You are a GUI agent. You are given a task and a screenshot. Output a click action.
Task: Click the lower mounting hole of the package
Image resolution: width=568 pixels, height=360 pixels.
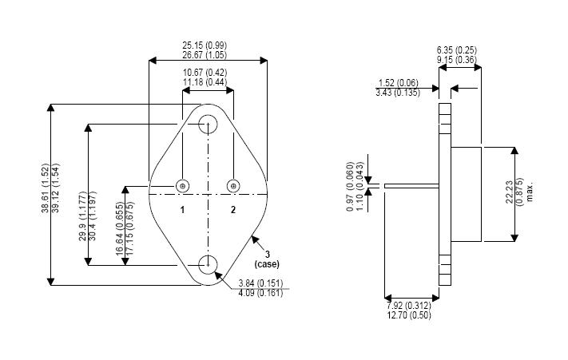click(x=209, y=263)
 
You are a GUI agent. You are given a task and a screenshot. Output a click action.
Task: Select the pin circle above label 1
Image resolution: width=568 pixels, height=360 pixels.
click(x=183, y=186)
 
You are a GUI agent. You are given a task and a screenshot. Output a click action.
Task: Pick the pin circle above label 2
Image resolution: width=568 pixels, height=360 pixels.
click(x=233, y=186)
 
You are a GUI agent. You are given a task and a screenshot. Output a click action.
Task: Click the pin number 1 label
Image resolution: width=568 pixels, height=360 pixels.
click(x=182, y=210)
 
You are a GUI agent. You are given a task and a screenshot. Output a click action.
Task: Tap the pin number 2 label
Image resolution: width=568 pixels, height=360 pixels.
click(x=233, y=210)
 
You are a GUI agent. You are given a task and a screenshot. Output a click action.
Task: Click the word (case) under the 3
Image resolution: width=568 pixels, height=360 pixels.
click(x=266, y=263)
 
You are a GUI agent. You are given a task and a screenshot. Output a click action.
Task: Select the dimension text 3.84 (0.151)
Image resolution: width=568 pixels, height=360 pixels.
click(x=263, y=283)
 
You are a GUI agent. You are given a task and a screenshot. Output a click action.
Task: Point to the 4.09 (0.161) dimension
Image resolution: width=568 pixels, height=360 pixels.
click(x=263, y=293)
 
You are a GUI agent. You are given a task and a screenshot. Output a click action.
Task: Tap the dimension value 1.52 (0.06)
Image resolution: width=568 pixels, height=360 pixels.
click(x=398, y=82)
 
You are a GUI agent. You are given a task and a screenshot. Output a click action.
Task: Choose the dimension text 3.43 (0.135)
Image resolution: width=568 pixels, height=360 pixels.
click(x=398, y=93)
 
